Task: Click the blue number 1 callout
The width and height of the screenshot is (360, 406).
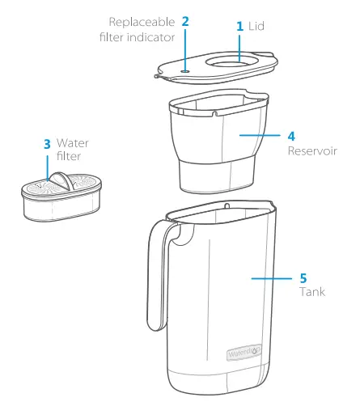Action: (239, 27)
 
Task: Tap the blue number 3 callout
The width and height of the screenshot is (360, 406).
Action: (47, 144)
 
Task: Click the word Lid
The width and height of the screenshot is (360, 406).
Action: (258, 27)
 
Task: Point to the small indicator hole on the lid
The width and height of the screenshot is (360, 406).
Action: (185, 70)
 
